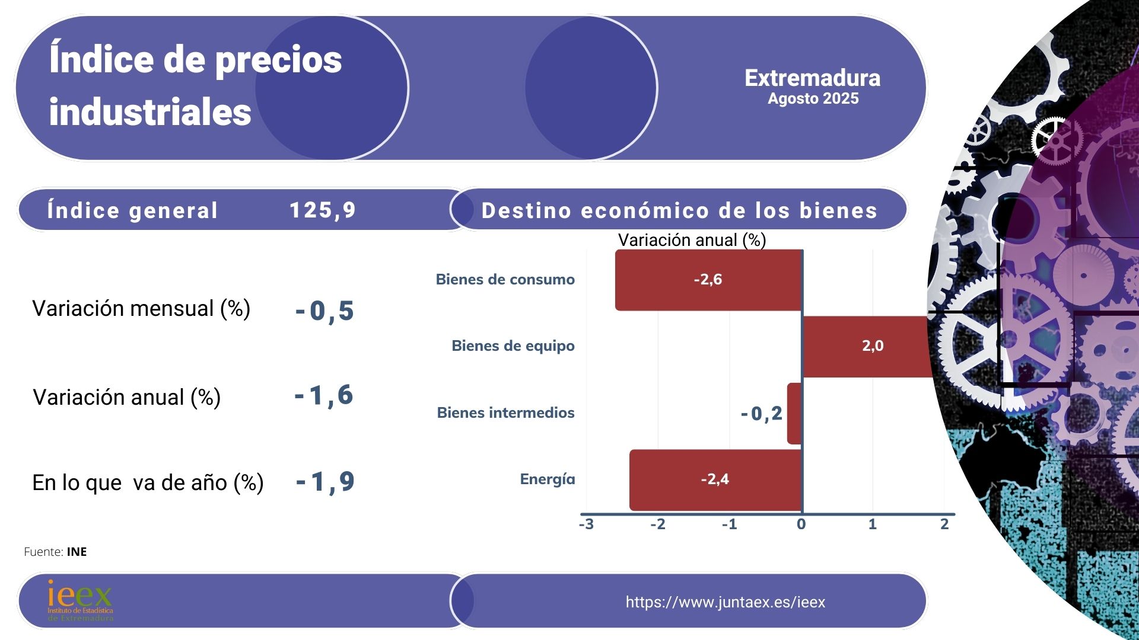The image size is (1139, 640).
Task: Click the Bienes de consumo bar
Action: (708, 280)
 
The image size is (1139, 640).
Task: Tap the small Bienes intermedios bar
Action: (794, 414)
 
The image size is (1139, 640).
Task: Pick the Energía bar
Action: (715, 479)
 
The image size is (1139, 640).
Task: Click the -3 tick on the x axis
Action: (586, 524)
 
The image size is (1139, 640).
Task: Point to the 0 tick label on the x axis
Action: (801, 524)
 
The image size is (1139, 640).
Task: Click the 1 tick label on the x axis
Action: (872, 524)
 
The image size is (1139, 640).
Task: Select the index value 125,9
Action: (322, 210)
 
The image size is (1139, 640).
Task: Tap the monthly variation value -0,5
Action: (324, 311)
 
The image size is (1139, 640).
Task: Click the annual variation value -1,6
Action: (324, 395)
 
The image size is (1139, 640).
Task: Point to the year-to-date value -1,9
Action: (325, 482)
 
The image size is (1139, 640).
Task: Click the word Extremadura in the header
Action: (812, 78)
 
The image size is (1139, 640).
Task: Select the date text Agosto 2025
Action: (813, 99)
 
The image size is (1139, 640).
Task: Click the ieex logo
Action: (80, 600)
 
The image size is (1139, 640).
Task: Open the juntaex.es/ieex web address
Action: (725, 602)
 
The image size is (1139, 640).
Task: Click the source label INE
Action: (77, 552)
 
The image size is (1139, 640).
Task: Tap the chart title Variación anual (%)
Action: (692, 240)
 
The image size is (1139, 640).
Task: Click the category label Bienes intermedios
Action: (505, 413)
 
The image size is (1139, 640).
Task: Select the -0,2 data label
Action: (761, 414)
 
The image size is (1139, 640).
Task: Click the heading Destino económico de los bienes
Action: (679, 211)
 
